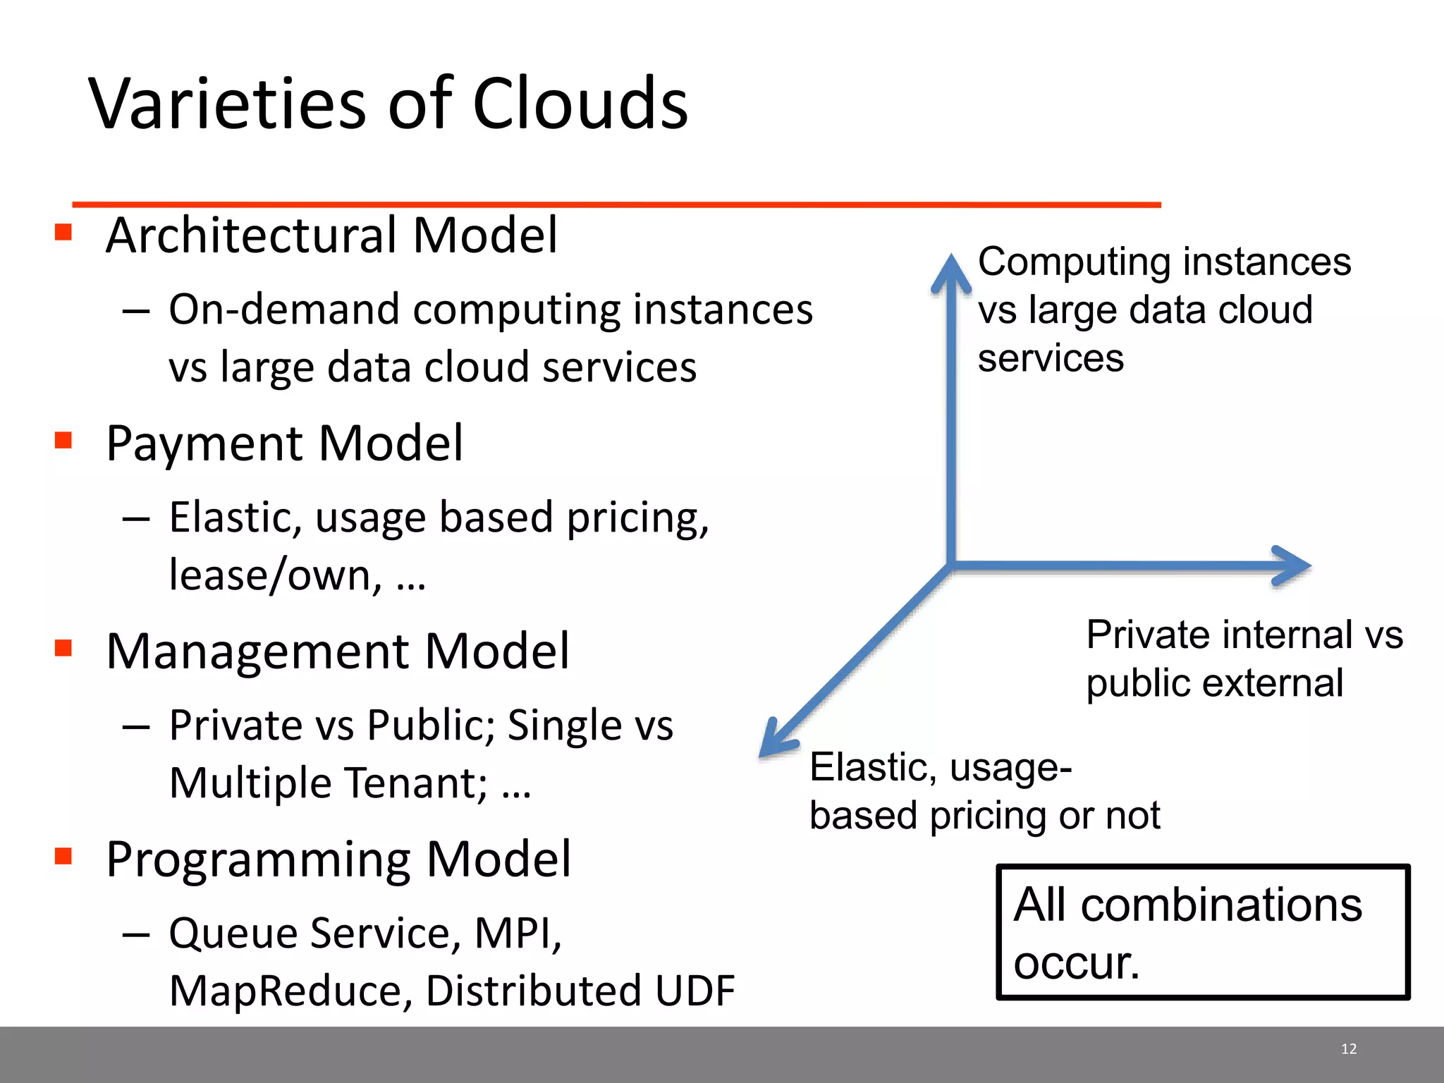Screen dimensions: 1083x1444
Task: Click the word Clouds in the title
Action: click(x=580, y=104)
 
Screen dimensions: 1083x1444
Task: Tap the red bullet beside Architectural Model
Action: click(x=63, y=232)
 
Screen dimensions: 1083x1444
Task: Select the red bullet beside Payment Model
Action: click(x=63, y=440)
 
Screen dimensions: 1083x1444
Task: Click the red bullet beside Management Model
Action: click(x=63, y=647)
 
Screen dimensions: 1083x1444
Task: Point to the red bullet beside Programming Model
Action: click(x=63, y=855)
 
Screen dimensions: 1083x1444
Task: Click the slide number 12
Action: click(x=1348, y=1049)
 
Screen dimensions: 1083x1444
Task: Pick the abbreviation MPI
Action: click(x=517, y=933)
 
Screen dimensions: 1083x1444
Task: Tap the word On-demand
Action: click(x=283, y=310)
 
